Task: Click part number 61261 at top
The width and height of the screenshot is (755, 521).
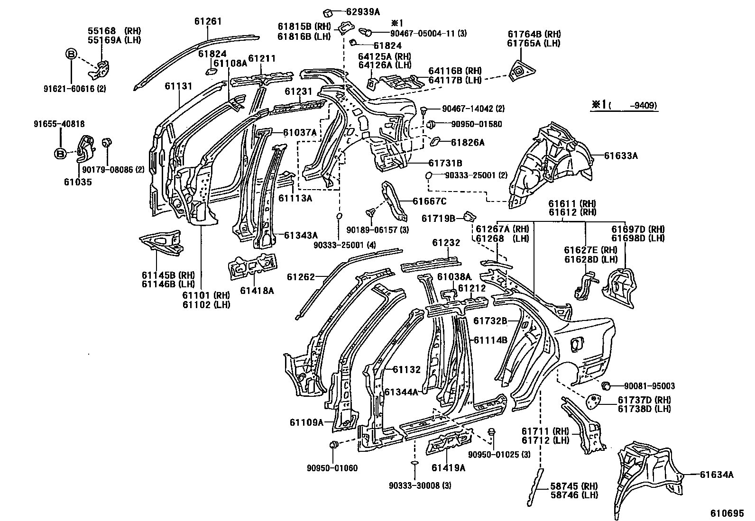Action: (x=208, y=21)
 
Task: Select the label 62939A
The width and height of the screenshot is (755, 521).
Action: (x=363, y=12)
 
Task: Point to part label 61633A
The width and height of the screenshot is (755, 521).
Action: (x=621, y=155)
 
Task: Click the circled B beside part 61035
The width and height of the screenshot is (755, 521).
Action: (x=60, y=153)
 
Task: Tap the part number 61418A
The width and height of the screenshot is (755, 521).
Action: (x=257, y=291)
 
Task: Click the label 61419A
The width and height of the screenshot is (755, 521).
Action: (x=448, y=468)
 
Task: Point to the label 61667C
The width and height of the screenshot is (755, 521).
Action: (x=429, y=201)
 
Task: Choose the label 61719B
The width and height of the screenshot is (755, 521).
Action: (x=438, y=218)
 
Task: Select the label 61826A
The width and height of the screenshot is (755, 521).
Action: (x=468, y=142)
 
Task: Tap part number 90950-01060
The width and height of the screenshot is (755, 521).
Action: (x=332, y=468)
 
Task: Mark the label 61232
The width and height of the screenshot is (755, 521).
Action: (x=446, y=243)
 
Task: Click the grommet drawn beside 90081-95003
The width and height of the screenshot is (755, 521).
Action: (x=606, y=385)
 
